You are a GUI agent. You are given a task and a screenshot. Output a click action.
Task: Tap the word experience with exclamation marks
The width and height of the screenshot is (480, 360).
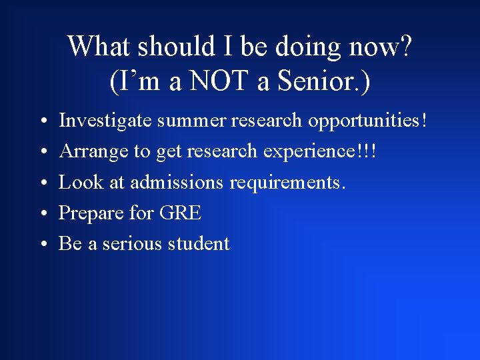[320, 152]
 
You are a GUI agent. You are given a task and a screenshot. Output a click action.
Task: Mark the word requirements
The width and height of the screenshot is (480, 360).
[288, 183]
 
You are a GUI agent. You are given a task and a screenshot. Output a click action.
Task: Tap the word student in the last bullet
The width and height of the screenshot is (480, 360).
[199, 244]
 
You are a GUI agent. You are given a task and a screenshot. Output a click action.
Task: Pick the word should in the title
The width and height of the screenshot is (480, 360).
[175, 47]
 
